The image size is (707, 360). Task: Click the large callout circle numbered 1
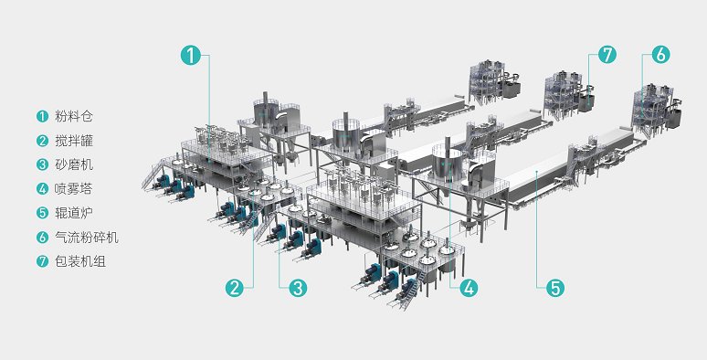[x=190, y=55]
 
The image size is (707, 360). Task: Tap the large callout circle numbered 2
[x=235, y=288]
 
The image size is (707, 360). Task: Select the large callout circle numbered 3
[x=298, y=288]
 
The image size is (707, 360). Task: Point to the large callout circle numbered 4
[x=469, y=288]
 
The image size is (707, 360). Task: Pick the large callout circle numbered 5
[x=555, y=288]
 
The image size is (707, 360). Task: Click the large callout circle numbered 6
[x=660, y=55]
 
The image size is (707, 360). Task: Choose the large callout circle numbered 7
[x=607, y=55]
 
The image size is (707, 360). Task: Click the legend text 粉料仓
[x=74, y=116]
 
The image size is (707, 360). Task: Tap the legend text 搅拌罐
[x=74, y=141]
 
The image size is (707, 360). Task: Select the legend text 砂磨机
[x=74, y=164]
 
